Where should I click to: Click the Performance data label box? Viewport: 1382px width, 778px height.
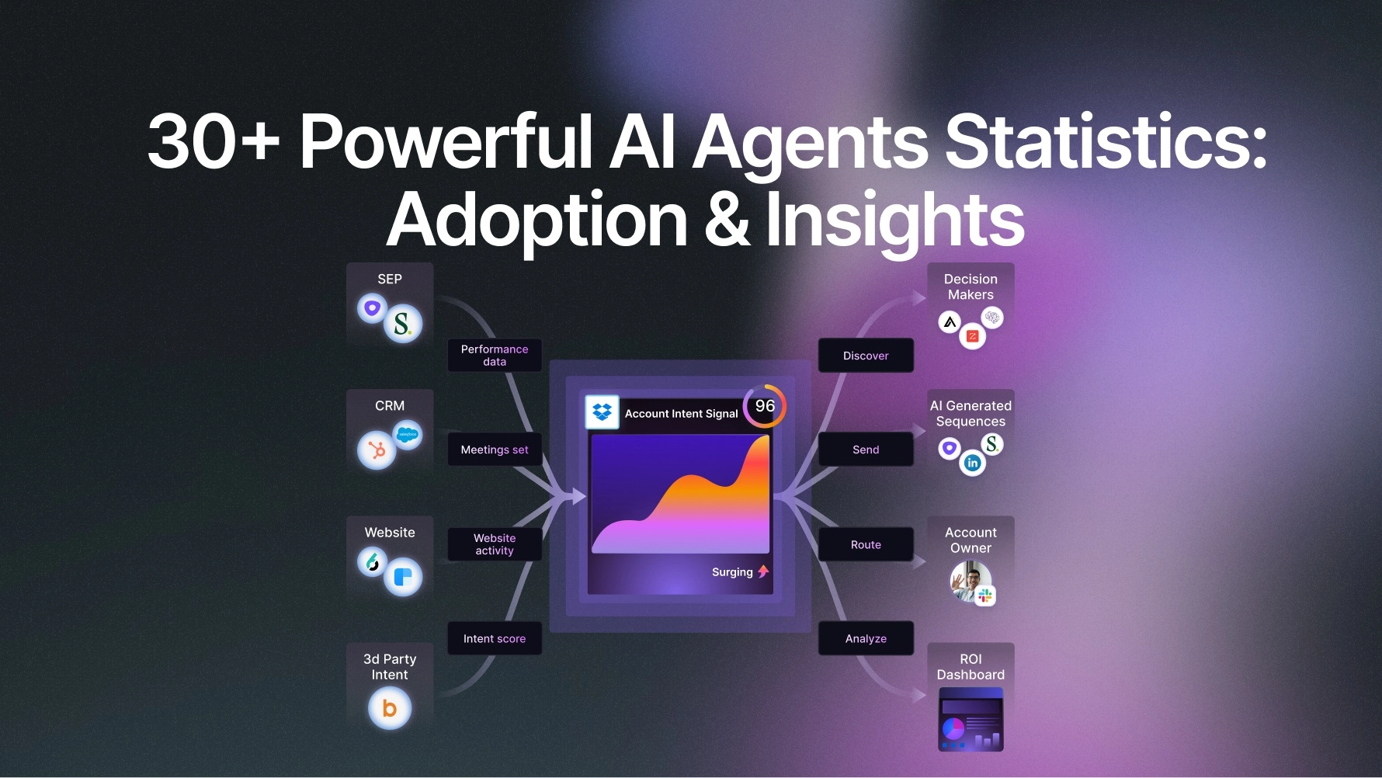tap(495, 356)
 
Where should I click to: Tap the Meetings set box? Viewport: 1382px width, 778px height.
tap(495, 450)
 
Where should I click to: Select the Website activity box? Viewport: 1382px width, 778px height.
tap(495, 544)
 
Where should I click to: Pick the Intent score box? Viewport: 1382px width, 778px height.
tap(495, 638)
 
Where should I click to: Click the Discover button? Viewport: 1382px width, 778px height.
tap(866, 356)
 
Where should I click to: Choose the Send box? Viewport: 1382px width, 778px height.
tap(866, 450)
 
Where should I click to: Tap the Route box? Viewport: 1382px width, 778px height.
tap(866, 544)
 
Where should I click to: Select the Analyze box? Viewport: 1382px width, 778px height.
tap(866, 638)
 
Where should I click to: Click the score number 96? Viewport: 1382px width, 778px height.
tap(765, 406)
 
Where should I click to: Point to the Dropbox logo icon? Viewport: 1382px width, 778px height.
tap(602, 412)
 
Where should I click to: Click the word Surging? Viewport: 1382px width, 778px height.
tap(732, 572)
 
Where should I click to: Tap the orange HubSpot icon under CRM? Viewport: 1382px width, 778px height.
tap(377, 450)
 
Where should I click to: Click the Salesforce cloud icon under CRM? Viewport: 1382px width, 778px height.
tap(408, 434)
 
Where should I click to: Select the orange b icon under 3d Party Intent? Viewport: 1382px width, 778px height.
tap(390, 708)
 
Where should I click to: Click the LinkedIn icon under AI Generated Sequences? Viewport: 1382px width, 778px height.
tap(972, 464)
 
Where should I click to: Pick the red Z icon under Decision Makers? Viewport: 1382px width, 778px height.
tap(972, 336)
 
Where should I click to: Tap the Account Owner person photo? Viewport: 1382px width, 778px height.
tap(970, 580)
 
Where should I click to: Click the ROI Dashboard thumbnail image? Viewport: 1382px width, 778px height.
tap(971, 721)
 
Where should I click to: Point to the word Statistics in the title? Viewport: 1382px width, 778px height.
tap(1106, 141)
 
